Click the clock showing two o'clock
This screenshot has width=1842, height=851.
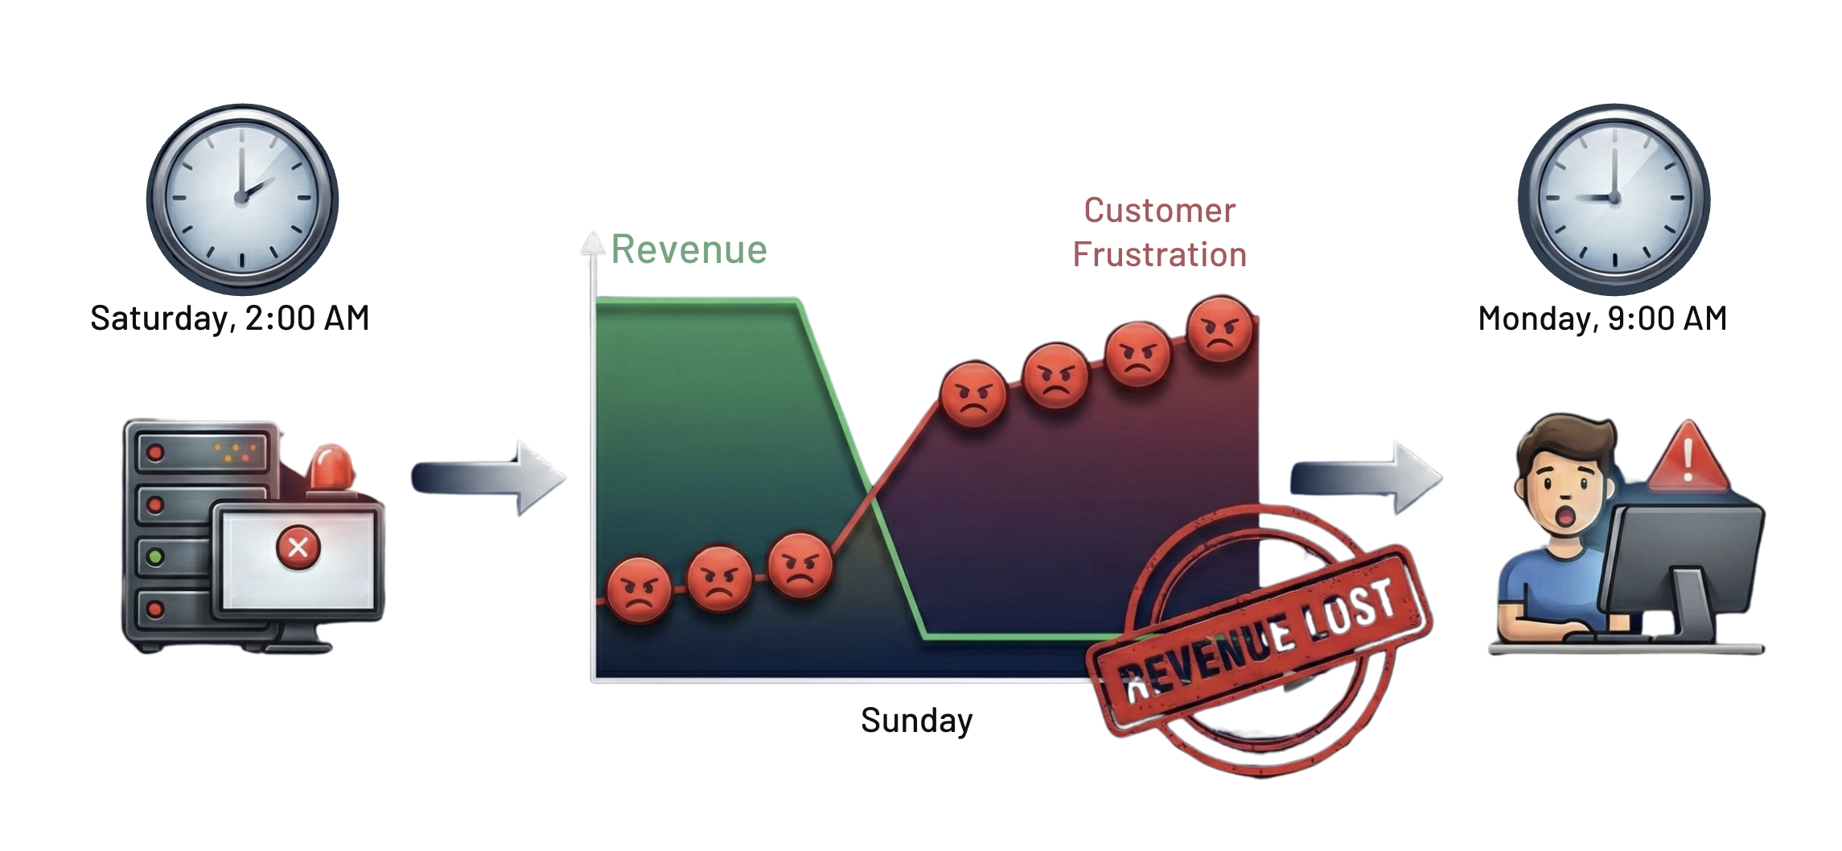(242, 198)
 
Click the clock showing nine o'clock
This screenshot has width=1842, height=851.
(1614, 198)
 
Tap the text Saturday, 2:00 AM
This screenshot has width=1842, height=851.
(230, 319)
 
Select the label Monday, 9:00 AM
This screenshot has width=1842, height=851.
(1602, 319)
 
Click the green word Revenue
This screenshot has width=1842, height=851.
(689, 249)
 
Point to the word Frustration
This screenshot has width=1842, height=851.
(1159, 255)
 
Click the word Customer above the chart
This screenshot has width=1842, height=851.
(1159, 211)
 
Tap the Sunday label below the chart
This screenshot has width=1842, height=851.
(916, 720)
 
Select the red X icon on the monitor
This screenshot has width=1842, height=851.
(298, 548)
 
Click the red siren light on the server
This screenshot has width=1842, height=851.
(331, 467)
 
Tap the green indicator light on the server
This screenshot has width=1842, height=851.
(156, 556)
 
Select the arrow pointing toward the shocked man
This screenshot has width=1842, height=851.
(1366, 478)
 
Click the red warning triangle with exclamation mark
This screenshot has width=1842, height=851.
(1688, 458)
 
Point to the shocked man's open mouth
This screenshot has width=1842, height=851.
(1565, 515)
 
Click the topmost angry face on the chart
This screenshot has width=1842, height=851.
(1219, 329)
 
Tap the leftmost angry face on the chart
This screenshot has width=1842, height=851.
(639, 590)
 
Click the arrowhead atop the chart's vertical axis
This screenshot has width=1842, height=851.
(593, 244)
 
